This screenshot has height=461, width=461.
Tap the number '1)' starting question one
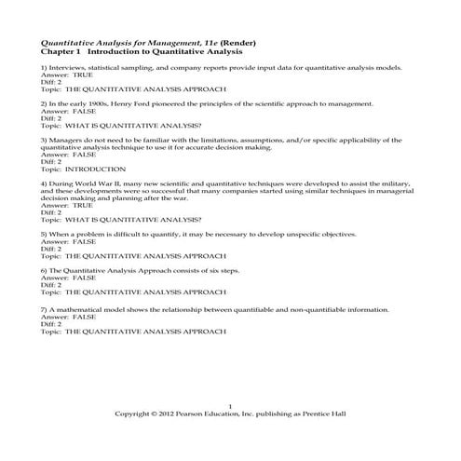point(45,69)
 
